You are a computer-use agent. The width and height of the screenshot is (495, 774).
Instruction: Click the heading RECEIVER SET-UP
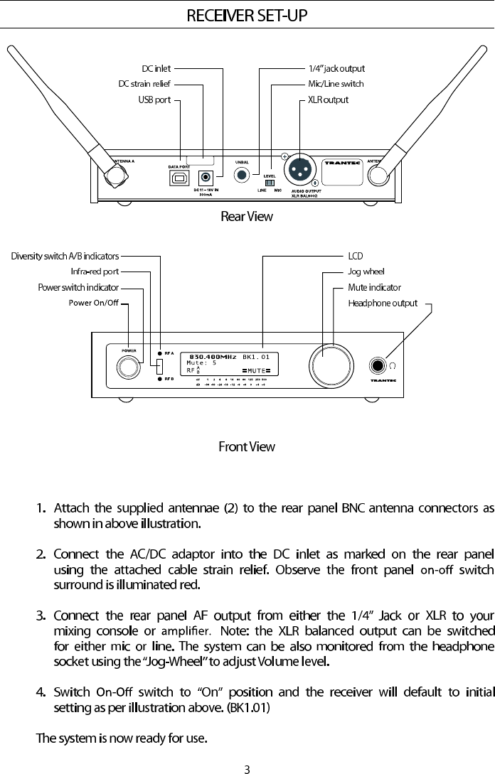tap(247, 15)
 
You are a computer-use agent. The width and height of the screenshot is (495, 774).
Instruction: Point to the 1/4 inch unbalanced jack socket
tap(243, 175)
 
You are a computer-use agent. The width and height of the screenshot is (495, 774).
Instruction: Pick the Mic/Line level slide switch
tap(270, 183)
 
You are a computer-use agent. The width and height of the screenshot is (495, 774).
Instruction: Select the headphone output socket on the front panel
tap(378, 366)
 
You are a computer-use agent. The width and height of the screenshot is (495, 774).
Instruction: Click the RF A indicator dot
tap(159, 353)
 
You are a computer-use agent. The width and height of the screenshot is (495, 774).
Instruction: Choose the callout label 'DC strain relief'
tap(144, 84)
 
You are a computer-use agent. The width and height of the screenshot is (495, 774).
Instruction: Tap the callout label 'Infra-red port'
tap(95, 272)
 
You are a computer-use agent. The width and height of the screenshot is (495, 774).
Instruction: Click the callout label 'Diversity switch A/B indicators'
tap(65, 256)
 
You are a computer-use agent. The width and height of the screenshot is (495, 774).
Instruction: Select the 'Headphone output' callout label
tap(382, 303)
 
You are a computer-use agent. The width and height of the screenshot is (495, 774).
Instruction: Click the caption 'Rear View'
tap(247, 216)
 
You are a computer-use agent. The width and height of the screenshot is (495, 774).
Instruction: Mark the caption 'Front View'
tap(246, 447)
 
